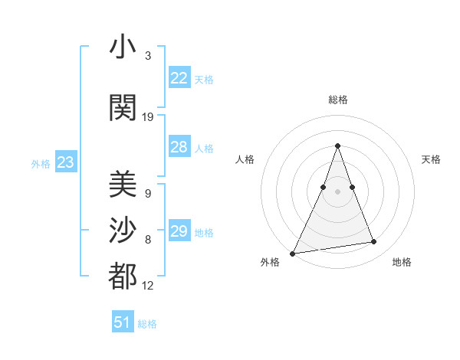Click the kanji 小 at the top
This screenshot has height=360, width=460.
(123, 47)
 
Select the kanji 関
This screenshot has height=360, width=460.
(123, 107)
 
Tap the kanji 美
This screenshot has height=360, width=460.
(123, 184)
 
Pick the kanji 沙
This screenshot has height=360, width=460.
(123, 230)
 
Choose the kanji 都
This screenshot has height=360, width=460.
(123, 276)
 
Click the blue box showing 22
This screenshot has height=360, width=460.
(179, 77)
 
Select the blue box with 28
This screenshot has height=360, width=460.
(179, 147)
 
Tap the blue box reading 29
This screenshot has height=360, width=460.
(179, 231)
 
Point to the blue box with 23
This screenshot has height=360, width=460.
(65, 162)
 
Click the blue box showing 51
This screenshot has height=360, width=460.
(123, 322)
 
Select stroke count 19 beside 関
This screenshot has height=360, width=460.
(148, 117)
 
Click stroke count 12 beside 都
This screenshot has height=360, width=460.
(148, 286)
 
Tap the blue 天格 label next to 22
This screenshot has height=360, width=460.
(204, 79)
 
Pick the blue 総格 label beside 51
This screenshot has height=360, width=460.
(147, 324)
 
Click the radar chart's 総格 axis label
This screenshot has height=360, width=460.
(337, 100)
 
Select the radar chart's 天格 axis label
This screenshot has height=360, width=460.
(431, 159)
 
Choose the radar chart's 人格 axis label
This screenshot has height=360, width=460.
(245, 159)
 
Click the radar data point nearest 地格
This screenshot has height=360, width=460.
(374, 242)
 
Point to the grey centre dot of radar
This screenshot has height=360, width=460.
(337, 191)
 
